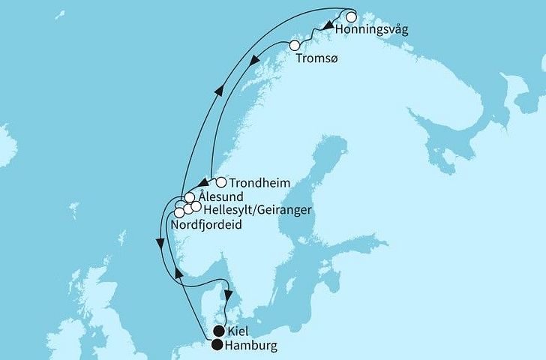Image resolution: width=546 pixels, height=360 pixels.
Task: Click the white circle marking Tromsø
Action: coord(295,46)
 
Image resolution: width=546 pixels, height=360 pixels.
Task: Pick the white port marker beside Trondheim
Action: coord(220,181)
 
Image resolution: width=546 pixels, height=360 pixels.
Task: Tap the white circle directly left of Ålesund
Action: coord(190,197)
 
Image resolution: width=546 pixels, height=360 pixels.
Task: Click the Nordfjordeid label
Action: coord(206,223)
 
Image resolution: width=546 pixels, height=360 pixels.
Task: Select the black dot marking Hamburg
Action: coord(217,346)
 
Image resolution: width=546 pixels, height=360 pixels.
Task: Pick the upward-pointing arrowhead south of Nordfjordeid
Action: coord(178,271)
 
